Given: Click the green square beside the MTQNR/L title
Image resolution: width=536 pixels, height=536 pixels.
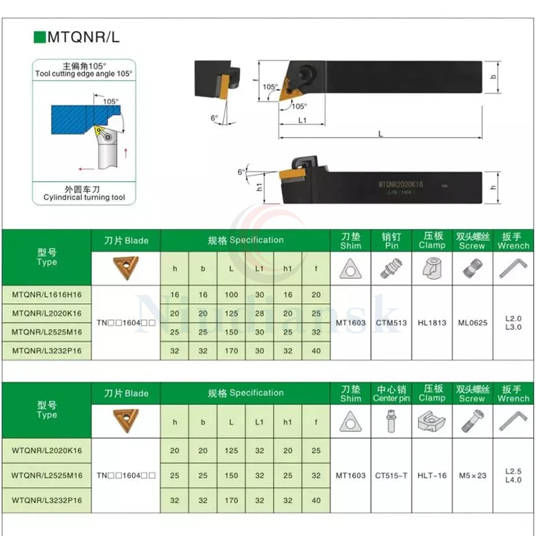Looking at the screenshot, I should pos(40,37).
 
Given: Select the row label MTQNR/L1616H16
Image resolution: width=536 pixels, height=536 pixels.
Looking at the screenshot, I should pos(46,294).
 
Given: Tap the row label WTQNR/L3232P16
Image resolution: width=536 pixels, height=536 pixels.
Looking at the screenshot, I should pos(46,501).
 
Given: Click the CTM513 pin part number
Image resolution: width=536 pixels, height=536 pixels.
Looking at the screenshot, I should pos(392,323).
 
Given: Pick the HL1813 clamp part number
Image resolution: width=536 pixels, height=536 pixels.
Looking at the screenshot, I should pos(432,323).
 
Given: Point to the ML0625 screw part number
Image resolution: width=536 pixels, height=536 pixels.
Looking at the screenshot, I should pos(472,323).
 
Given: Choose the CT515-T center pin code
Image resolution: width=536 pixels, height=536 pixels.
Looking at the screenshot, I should pos(391,475).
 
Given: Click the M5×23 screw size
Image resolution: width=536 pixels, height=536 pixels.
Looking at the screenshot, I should pos(472,475).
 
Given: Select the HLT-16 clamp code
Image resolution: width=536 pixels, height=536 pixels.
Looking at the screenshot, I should pos(432,475).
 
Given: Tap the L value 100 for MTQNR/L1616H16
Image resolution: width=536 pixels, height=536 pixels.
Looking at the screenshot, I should pos(231,294).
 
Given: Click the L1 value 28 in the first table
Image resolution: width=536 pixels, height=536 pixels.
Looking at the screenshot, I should pos(259,313).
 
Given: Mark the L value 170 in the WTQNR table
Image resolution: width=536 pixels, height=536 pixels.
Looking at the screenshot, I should pos(231,501).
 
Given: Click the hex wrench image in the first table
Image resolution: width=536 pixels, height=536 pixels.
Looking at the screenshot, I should pos(513,269).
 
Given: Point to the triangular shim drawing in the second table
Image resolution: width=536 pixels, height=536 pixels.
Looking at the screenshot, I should pos(351,422).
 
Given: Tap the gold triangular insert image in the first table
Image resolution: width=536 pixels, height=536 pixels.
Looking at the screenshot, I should pos(126,268).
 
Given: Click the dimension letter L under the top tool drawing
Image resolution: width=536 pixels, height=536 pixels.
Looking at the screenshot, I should pos(380,134).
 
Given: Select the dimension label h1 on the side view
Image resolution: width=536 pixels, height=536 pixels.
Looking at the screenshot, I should pos(260,186).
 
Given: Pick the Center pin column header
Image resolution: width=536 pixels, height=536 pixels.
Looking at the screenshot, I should pos(391,394).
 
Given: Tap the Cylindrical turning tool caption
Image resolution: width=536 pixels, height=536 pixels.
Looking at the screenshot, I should pos(84,197).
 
